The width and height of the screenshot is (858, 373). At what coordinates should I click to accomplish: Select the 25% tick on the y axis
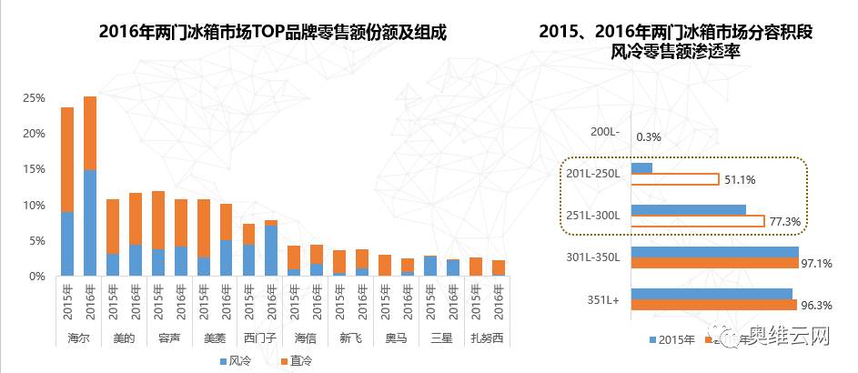pyautogui.click(x=35, y=97)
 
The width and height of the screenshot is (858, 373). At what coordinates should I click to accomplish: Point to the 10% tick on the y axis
pyautogui.click(x=35, y=205)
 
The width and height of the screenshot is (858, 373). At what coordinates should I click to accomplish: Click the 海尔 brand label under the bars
pyautogui.click(x=77, y=338)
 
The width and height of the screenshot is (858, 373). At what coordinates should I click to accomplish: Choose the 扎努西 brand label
pyautogui.click(x=485, y=338)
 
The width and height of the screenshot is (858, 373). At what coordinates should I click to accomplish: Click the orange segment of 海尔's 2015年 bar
pyautogui.click(x=67, y=159)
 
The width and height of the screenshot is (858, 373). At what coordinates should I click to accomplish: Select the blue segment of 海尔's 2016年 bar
pyautogui.click(x=90, y=223)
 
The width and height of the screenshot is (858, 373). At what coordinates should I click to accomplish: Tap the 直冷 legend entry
pyautogui.click(x=296, y=361)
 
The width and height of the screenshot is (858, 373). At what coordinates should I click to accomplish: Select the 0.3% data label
pyautogui.click(x=649, y=137)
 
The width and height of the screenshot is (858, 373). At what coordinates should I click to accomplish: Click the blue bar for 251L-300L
pyautogui.click(x=688, y=210)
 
